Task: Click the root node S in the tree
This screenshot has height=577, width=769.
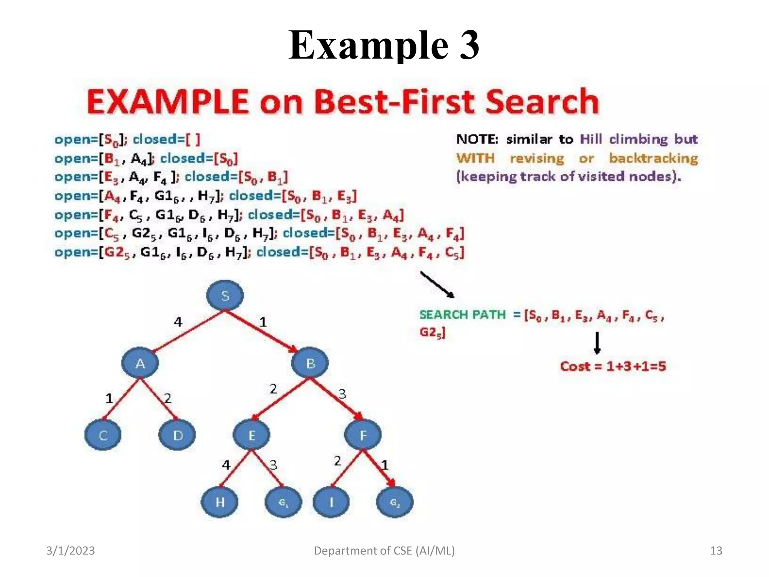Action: pos(225,295)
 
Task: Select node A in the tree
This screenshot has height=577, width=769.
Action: pos(140,363)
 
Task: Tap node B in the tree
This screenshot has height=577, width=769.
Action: pos(310,363)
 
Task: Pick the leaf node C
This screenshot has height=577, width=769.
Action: pos(103,435)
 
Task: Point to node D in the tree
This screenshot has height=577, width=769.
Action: pos(177,435)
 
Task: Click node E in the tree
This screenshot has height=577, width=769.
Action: pos(252,435)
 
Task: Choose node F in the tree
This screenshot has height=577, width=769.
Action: pos(363,435)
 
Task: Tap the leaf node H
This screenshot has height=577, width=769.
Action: pos(220,502)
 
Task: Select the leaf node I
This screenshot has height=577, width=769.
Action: pos(331,502)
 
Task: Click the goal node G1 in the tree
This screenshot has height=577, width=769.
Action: pos(283,502)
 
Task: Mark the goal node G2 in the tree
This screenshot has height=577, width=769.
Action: pos(395,502)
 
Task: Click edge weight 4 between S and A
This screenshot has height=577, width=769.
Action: pos(178,322)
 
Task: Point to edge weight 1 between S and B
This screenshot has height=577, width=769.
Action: pos(263,322)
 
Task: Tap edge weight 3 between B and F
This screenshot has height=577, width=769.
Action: pos(342,394)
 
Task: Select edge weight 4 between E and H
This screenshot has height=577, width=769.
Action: pos(226,465)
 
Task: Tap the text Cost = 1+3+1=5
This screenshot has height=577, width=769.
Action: pos(613,366)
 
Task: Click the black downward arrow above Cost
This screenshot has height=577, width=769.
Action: pos(597,343)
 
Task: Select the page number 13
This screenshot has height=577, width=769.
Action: pos(716,551)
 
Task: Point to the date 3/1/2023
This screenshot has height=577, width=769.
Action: pos(71,551)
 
